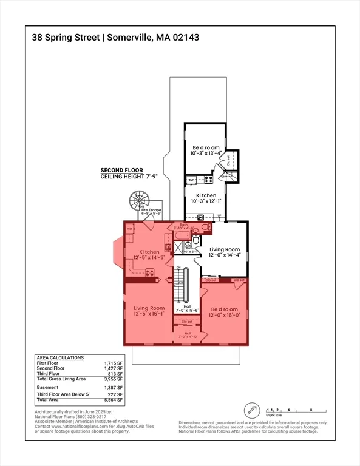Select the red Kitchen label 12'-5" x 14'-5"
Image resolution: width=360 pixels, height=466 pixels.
149,255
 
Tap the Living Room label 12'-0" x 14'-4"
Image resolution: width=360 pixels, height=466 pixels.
225,252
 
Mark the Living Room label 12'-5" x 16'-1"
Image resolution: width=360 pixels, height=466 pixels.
149,311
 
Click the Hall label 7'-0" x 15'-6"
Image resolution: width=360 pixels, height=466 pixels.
188,308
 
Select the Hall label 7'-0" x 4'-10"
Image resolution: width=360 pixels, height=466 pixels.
188,334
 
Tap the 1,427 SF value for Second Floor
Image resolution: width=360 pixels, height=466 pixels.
114,368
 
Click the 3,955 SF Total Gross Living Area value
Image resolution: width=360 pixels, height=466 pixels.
114,379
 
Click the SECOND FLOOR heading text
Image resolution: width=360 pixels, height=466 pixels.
120,171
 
